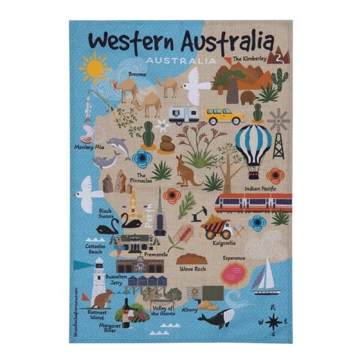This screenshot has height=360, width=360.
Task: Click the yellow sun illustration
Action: [95, 69]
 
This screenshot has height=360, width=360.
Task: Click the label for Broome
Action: [137, 74]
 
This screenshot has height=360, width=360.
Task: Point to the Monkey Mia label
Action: [89, 146]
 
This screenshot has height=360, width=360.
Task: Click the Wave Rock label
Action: [193, 269]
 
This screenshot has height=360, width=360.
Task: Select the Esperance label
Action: [235, 258]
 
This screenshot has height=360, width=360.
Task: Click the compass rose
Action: [274, 321]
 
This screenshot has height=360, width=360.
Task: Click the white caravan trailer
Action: [184, 115]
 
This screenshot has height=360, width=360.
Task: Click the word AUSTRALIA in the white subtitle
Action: [181, 61]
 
